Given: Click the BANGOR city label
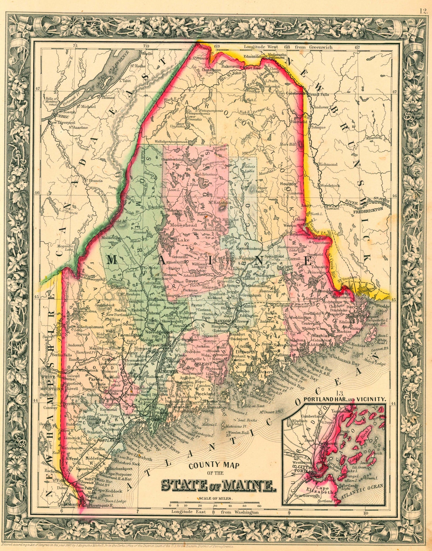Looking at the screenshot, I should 222,321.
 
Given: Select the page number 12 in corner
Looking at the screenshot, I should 423,4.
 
